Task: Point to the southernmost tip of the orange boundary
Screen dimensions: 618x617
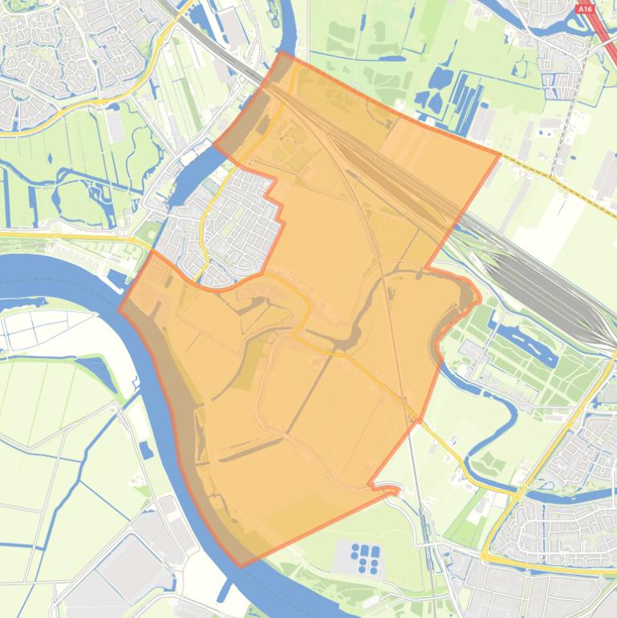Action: click(x=241, y=567)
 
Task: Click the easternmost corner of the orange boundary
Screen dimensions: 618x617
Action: click(x=500, y=154)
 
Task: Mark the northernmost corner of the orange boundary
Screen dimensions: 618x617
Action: click(x=281, y=53)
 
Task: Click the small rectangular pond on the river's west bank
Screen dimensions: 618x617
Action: click(x=146, y=450)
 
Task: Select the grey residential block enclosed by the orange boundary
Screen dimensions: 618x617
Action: click(x=233, y=229)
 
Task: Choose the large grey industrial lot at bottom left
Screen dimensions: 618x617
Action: click(x=128, y=570)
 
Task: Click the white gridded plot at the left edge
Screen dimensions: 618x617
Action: click(x=24, y=329)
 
